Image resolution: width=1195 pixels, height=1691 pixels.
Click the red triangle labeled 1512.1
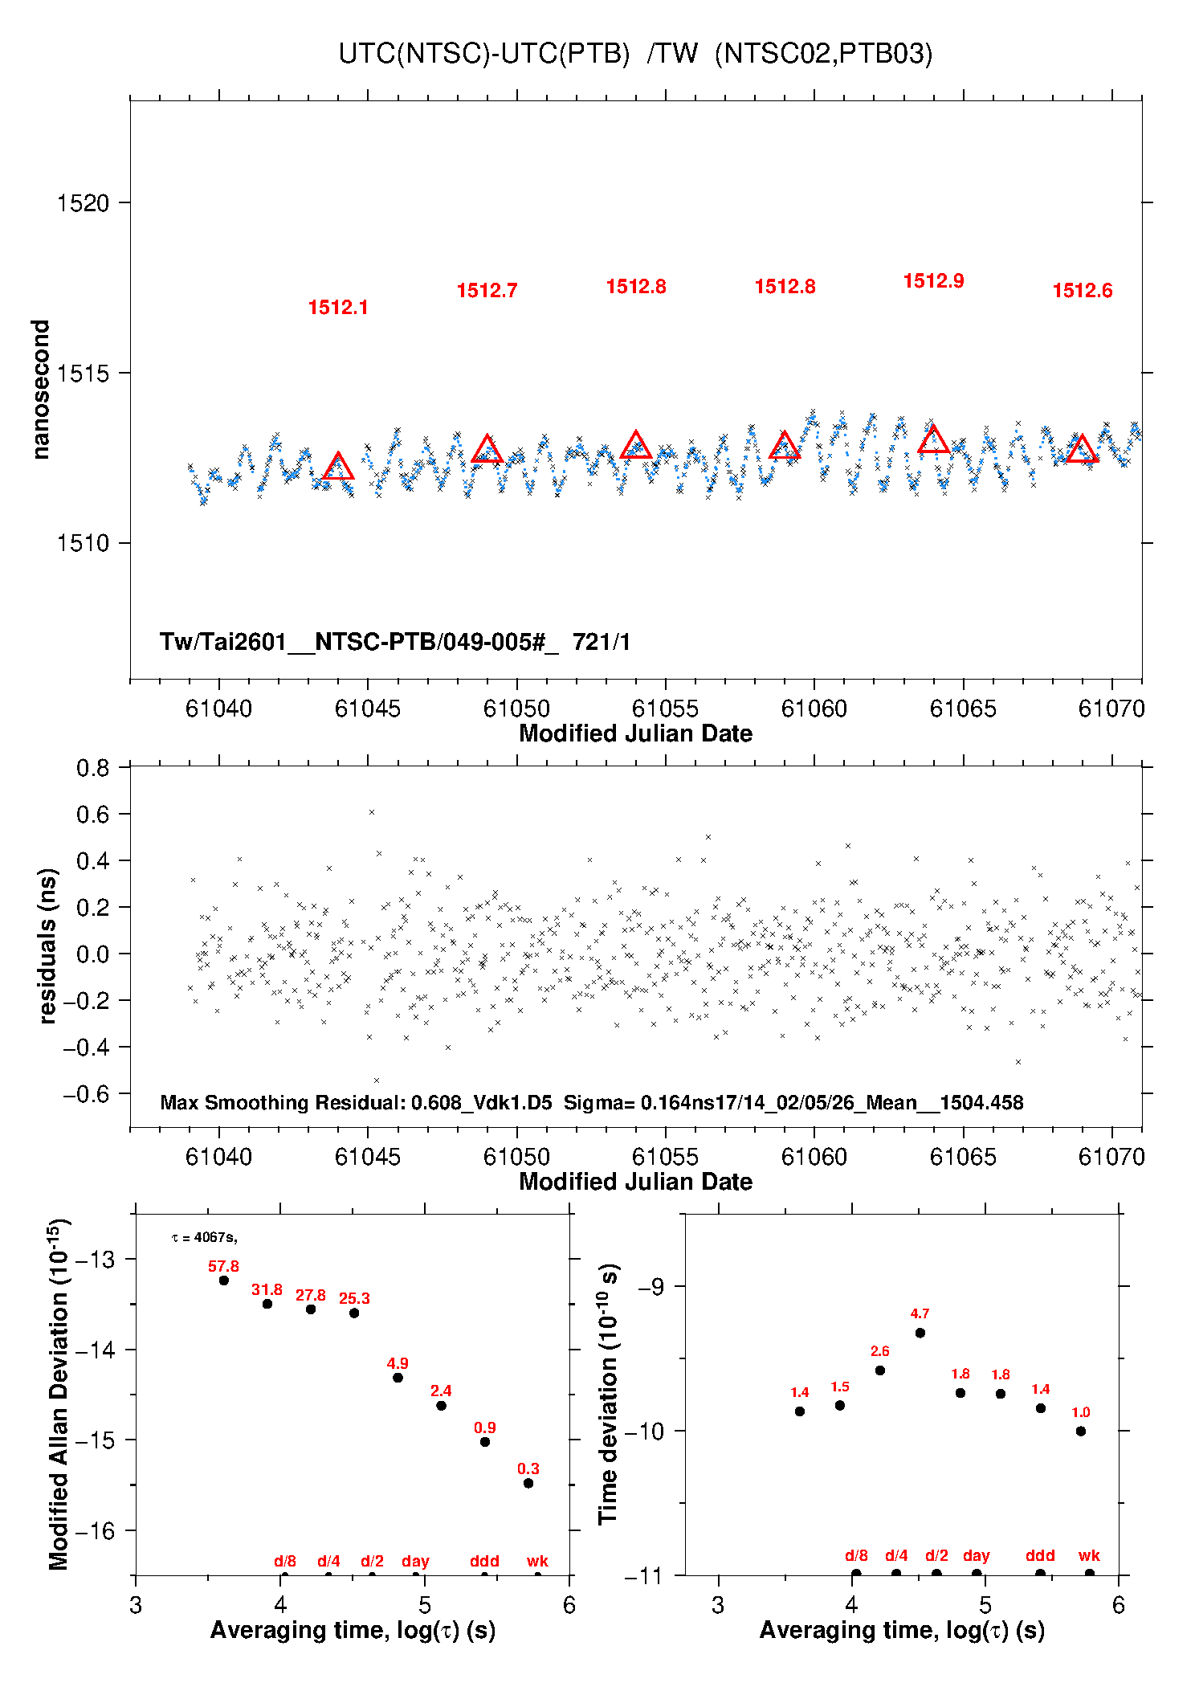click(x=338, y=467)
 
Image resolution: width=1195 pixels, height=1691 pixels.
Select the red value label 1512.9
click(x=933, y=281)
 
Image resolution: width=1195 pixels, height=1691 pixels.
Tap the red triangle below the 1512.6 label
click(x=1082, y=450)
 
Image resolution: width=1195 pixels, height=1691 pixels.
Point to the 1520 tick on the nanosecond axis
click(x=83, y=203)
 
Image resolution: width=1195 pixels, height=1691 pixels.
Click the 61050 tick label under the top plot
click(x=516, y=709)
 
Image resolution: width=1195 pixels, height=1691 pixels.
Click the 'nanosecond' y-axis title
click(x=40, y=390)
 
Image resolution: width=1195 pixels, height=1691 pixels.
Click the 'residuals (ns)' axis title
click(x=47, y=946)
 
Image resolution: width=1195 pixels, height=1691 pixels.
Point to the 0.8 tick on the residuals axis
click(x=93, y=768)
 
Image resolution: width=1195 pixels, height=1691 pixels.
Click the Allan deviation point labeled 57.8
click(x=224, y=1281)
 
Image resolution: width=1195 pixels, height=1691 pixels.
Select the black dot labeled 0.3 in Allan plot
click(x=528, y=1483)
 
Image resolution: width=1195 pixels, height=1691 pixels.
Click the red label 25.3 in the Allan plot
click(x=354, y=1299)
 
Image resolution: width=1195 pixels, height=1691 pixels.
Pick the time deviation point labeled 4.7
click(x=920, y=1333)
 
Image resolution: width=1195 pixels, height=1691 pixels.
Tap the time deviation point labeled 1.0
click(x=1081, y=1431)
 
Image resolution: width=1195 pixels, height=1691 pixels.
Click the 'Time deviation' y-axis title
click(x=609, y=1395)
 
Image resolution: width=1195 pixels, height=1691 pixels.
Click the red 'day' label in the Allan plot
click(x=415, y=1561)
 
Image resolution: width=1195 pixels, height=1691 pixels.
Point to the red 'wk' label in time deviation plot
click(x=1089, y=1555)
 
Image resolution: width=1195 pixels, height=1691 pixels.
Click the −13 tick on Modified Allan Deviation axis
click(x=95, y=1259)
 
